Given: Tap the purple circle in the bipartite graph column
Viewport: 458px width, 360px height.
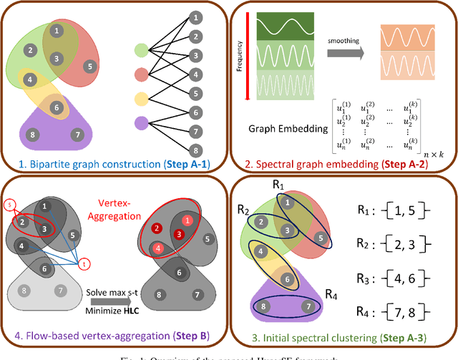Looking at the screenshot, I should coord(142,121).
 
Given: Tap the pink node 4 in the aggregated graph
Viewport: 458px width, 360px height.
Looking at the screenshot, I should coord(156,249).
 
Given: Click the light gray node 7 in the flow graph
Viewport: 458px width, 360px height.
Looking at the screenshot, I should coord(59,291).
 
